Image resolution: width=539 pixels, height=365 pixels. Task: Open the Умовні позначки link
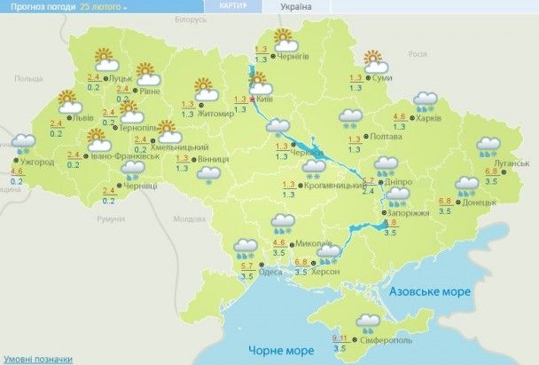click(x=36, y=358)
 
